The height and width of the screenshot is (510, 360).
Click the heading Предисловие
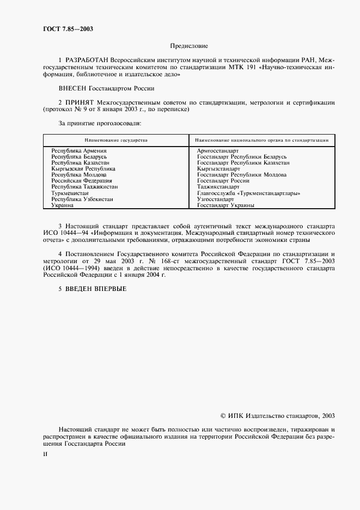tap(189, 46)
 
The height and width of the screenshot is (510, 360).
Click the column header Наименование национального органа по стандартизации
tap(261, 140)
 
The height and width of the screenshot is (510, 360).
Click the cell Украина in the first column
tap(63, 205)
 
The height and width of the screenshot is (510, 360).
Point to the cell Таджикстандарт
tap(218, 187)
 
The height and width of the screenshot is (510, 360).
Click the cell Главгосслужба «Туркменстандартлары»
tap(249, 193)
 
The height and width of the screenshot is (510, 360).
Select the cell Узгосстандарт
tap(216, 199)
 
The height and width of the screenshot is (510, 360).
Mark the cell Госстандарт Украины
tap(225, 205)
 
